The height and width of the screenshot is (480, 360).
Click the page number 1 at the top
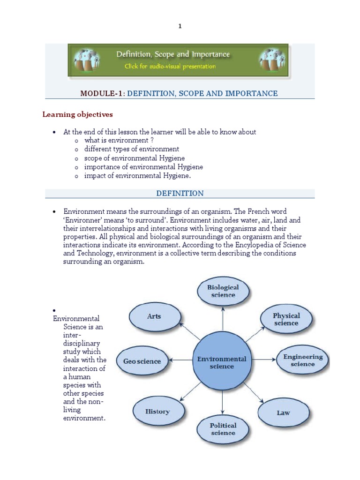[180, 26]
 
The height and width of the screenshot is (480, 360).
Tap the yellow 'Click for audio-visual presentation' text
[170, 67]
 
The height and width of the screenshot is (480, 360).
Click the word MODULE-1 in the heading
[101, 93]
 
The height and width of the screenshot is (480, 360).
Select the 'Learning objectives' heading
[77, 114]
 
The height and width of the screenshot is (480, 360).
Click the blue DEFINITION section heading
[180, 193]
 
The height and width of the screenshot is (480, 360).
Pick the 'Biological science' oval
[223, 291]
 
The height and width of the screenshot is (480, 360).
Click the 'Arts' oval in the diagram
[154, 316]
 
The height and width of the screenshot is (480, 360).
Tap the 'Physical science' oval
[286, 319]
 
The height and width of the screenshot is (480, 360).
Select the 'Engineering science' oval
[303, 360]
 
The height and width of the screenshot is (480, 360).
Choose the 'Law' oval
[283, 412]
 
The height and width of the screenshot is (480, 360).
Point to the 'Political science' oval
[223, 429]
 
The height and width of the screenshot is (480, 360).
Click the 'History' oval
[157, 412]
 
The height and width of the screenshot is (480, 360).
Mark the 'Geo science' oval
[142, 361]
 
